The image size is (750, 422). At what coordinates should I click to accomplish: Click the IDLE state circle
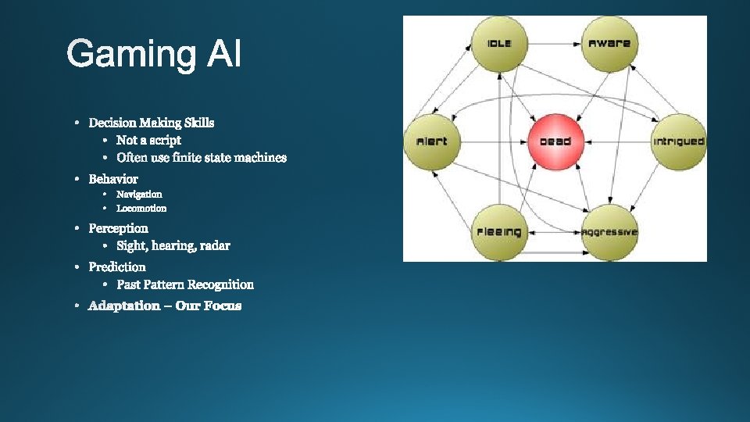click(499, 44)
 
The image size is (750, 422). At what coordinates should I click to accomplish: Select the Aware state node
click(609, 44)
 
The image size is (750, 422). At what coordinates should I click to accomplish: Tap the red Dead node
click(555, 141)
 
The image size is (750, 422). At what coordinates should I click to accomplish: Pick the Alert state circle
click(431, 141)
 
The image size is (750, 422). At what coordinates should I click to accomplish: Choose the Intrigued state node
click(678, 141)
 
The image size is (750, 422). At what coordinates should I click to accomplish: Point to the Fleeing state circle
click(499, 232)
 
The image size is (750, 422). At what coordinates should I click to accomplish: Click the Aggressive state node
click(609, 232)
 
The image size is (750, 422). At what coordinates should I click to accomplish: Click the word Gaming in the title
click(132, 55)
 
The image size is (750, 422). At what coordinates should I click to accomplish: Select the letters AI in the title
click(224, 55)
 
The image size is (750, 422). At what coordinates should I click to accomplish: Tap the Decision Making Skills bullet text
click(151, 123)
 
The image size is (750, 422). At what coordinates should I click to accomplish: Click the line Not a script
click(148, 140)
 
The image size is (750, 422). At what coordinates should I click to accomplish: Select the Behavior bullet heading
click(113, 179)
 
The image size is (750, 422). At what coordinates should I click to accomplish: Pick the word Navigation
click(139, 194)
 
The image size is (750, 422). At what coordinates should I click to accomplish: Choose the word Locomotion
click(141, 209)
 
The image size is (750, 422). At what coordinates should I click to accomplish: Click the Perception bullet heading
click(118, 228)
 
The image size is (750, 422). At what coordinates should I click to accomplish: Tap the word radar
click(215, 246)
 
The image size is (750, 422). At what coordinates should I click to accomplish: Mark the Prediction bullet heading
click(117, 267)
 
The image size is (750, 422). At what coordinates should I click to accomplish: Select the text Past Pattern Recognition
click(185, 285)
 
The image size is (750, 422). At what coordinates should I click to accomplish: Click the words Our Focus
click(209, 306)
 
